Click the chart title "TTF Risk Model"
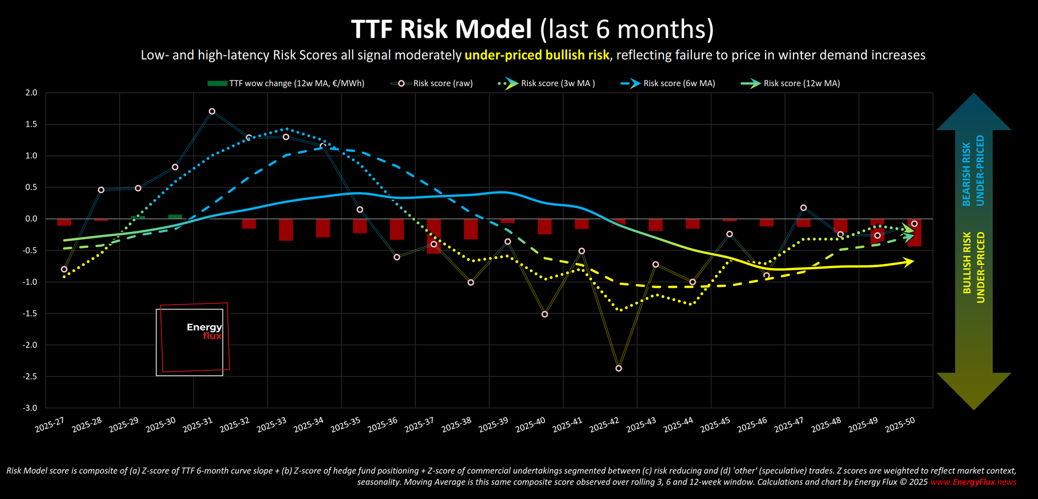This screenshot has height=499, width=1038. pos(442,29)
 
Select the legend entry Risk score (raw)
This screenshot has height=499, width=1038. pos(442,84)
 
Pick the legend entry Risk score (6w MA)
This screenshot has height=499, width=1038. pos(678,84)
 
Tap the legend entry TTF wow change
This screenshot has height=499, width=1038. pos(296,84)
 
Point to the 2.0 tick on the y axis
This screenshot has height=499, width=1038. pos(32,93)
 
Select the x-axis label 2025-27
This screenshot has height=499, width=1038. pos(49,425)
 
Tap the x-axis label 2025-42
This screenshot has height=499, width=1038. pos(604,425)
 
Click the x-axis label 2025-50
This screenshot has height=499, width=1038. pos(900,425)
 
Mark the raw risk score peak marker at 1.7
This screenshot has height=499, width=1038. pos(212,112)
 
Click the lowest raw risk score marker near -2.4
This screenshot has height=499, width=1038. pos(619,368)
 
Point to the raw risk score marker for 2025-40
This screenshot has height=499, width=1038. pos(544,314)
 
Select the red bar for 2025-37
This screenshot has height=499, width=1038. pos(434,236)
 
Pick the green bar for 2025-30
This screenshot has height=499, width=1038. pos(175,217)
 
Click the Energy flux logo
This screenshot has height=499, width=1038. pos(193,338)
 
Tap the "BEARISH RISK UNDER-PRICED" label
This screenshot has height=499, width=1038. pos(973,171)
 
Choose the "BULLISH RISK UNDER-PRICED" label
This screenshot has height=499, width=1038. pos(973,267)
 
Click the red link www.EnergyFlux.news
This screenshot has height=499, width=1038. pos(973,482)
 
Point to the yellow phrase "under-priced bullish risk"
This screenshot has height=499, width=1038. pos(537,56)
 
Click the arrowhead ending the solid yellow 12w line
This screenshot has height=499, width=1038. pos(909,262)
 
